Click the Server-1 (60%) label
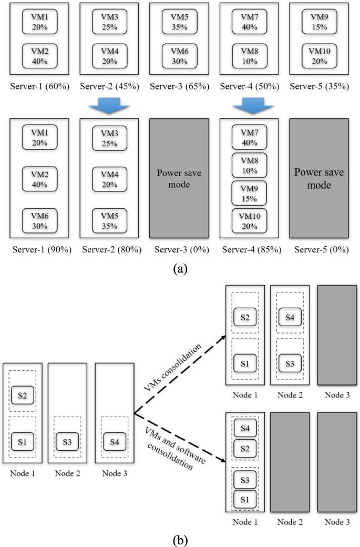40,86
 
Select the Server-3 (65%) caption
180,86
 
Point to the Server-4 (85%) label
250,250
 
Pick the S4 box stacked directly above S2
245,429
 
